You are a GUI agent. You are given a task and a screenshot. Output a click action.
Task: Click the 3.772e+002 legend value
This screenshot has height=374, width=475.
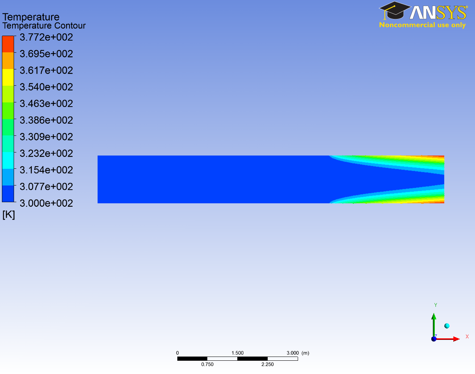tap(46, 37)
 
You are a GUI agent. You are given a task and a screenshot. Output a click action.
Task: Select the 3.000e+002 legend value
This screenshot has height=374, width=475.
tap(46, 203)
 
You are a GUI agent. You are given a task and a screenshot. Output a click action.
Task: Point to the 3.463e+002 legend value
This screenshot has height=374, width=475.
tap(46, 104)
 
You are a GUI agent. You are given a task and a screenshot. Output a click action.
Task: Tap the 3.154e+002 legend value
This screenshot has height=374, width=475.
tap(46, 170)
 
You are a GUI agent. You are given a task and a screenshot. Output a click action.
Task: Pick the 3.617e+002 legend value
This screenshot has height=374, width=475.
tap(46, 70)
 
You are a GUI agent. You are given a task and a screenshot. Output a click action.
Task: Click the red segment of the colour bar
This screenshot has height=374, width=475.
tap(8, 44)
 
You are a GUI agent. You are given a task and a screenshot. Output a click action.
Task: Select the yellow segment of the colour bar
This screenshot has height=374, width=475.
tap(8, 77)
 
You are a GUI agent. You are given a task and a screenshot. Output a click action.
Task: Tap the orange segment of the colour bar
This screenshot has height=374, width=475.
tap(8, 61)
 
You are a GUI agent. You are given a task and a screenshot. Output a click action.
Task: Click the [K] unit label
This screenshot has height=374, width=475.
tap(9, 215)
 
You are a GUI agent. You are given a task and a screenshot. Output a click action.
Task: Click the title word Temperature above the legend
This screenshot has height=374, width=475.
tap(31, 17)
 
